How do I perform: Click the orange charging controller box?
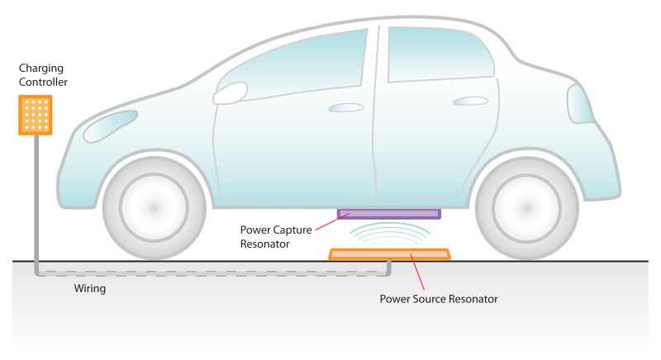tap(36, 115)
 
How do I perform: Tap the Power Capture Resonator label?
tap(276, 235)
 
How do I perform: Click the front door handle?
tap(346, 107)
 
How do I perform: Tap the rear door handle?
tap(470, 102)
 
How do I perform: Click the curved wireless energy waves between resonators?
tap(388, 234)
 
